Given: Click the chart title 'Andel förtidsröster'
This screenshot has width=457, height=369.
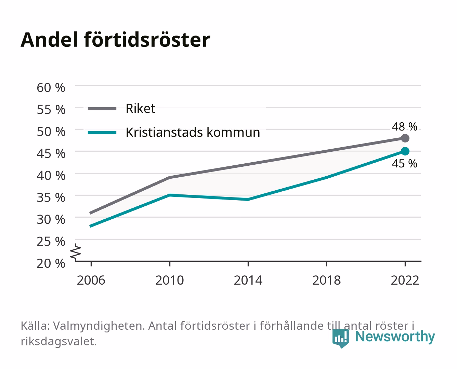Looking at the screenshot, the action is tap(115, 40).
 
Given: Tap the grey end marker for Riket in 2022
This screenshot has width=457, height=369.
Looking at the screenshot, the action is tap(405, 138).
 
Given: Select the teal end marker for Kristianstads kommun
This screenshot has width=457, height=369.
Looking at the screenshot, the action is tap(405, 151).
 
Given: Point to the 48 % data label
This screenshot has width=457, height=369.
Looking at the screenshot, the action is tap(404, 126).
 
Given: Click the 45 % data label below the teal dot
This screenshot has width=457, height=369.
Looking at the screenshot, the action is tap(404, 164).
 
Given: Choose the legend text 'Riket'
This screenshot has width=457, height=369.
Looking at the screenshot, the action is tap(140, 108).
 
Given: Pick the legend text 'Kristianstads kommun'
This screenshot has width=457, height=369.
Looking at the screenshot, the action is tap(193, 132).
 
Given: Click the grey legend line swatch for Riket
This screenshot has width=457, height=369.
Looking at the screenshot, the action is tap(102, 109).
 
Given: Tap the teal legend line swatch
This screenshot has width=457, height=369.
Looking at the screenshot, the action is tap(102, 133).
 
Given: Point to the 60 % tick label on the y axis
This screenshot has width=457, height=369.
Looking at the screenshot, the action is tap(51, 88).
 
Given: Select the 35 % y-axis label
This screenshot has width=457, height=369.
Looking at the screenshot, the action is tap(51, 197).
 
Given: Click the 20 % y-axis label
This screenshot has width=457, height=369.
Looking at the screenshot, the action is tap(51, 263).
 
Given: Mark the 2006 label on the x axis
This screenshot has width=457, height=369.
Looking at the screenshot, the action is tap(91, 280).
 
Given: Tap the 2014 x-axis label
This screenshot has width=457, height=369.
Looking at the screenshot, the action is tap(248, 280).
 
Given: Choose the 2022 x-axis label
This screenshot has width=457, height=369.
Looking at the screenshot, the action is tap(405, 280).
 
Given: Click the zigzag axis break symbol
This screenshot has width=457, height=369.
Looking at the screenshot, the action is tap(76, 252).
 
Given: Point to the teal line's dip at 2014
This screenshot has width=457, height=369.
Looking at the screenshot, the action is tap(248, 200).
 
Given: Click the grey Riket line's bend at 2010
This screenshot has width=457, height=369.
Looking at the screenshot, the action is tap(170, 177).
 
